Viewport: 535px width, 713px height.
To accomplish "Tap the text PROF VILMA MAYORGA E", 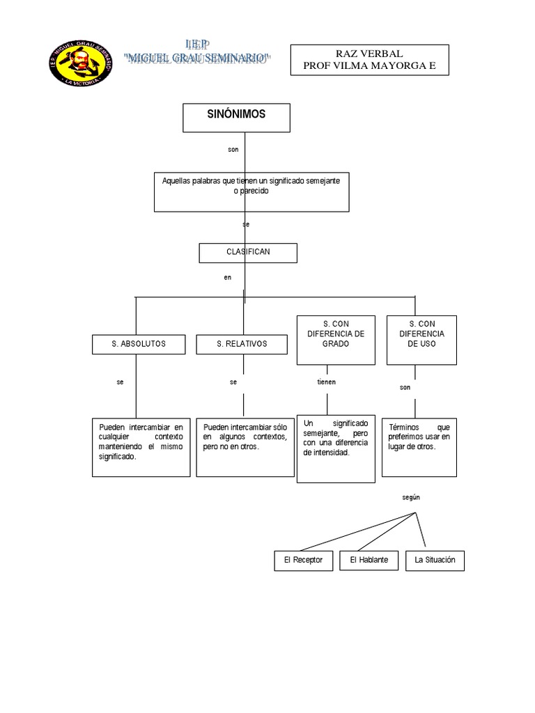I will tap(369, 65).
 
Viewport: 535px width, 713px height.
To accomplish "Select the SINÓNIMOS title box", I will tap(236, 117).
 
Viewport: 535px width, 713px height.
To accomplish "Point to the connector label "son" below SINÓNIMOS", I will tap(233, 149).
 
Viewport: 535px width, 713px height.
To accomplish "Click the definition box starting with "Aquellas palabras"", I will tap(251, 191).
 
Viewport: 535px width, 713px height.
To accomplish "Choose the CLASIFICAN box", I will tap(248, 252).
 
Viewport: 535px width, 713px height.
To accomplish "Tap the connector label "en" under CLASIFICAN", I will tap(227, 277).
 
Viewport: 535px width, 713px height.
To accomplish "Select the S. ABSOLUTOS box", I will tap(139, 344).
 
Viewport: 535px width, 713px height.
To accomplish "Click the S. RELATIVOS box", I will tap(242, 344).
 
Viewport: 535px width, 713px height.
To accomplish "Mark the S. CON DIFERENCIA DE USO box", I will tap(421, 340).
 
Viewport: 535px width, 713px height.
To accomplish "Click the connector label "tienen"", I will tap(326, 382).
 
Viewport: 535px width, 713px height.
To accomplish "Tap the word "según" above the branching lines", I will tap(411, 497).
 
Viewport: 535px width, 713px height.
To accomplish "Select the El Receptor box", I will tap(303, 561).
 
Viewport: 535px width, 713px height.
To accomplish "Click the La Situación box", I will tap(435, 561).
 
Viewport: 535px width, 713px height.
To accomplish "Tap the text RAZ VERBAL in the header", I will tap(369, 54).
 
